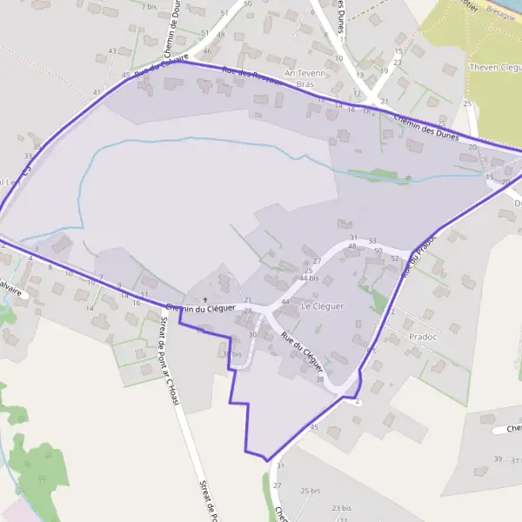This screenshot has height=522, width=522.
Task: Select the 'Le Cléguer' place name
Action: [x=322, y=306]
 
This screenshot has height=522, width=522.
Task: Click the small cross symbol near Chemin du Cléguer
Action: [x=205, y=300]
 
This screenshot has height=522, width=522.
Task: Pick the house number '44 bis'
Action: [x=308, y=278]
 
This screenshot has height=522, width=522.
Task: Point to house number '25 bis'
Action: [x=311, y=491]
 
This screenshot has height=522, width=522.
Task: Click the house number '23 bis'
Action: [x=340, y=507]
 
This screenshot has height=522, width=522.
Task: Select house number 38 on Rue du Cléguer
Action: [x=319, y=379]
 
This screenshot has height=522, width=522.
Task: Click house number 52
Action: [x=394, y=258]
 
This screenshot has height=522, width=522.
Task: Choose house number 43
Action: [x=113, y=50]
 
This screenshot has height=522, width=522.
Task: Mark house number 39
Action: [x=498, y=458]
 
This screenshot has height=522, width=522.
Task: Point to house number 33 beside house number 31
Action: [x=372, y=240]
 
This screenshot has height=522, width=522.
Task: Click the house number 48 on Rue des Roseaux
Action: [x=220, y=34]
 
